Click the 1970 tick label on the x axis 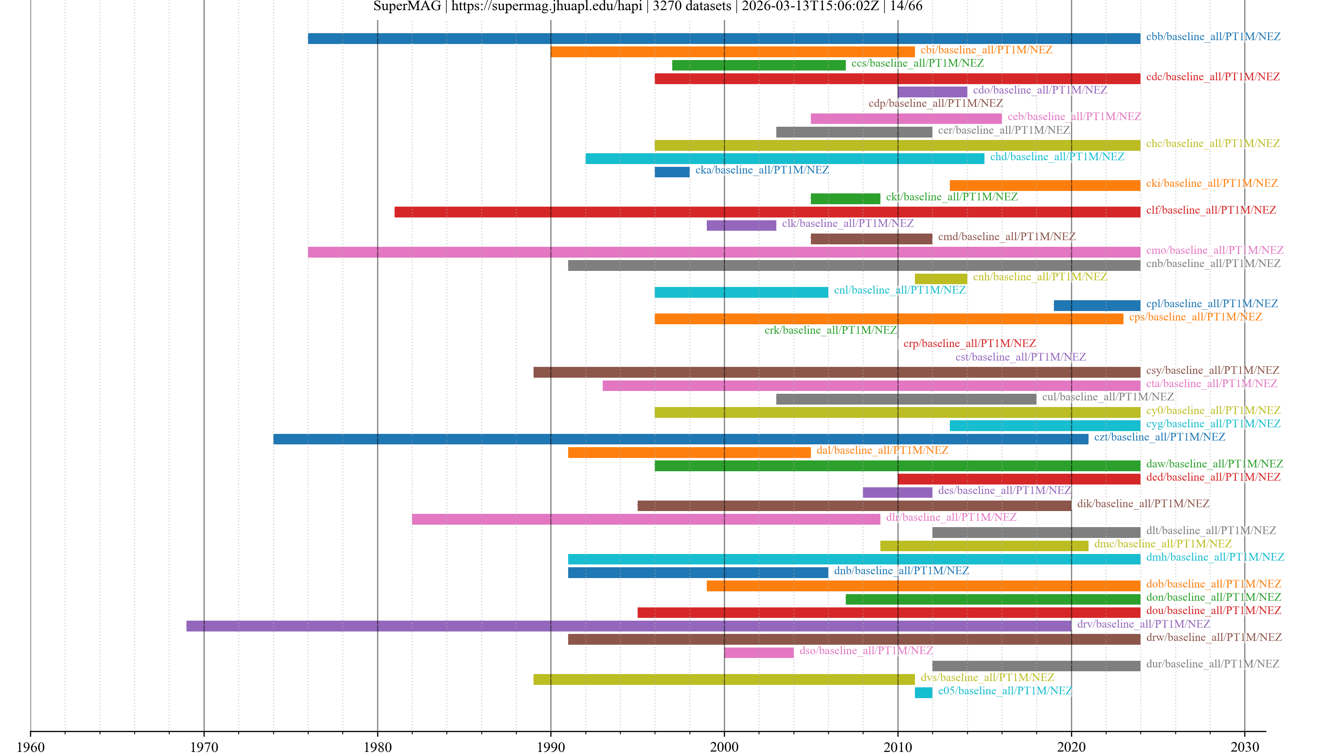click(x=204, y=747)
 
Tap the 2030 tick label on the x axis click(x=1244, y=747)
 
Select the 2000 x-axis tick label click(x=724, y=747)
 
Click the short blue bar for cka click(x=672, y=172)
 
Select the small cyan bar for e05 click(x=923, y=692)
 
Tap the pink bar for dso click(x=759, y=652)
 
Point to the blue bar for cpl click(x=1097, y=305)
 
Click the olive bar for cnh click(x=941, y=279)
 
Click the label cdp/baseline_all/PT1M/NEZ click(x=936, y=103)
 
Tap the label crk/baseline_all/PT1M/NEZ click(x=830, y=330)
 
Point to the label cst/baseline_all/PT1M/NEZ click(x=1020, y=357)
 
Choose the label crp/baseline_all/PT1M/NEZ click(x=969, y=343)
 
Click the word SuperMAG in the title click(x=407, y=6)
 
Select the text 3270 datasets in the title click(x=692, y=6)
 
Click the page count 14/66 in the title click(x=906, y=6)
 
